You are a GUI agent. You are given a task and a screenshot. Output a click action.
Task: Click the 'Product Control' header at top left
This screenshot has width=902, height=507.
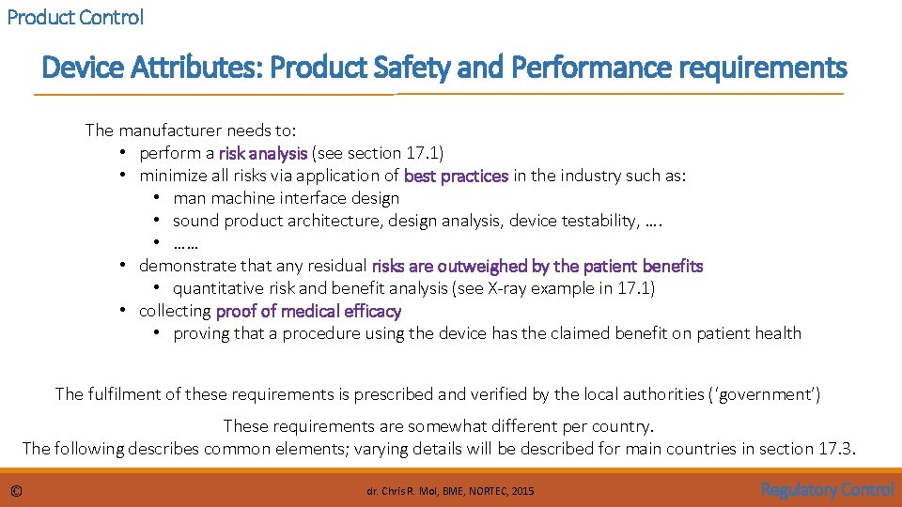click(75, 17)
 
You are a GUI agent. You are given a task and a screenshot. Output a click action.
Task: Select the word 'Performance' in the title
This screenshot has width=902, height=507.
click(590, 68)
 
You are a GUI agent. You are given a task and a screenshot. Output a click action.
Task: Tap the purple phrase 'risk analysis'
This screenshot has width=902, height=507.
click(263, 152)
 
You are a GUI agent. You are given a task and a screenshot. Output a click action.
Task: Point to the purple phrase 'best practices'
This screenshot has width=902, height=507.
click(456, 176)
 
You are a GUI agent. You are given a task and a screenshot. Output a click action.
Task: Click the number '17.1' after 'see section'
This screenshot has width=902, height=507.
click(424, 152)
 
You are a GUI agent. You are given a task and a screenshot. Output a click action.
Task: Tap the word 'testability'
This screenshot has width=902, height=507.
click(592, 221)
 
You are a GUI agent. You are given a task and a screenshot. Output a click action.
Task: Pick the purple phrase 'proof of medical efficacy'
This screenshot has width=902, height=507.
click(308, 311)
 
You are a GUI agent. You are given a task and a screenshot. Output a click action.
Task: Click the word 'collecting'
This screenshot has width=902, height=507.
click(175, 311)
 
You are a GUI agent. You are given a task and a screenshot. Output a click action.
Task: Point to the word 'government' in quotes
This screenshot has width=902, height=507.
click(763, 393)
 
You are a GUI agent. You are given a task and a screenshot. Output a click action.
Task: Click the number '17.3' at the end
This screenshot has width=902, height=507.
click(835, 448)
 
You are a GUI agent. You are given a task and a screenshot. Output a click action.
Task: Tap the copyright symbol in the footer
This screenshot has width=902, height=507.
click(16, 491)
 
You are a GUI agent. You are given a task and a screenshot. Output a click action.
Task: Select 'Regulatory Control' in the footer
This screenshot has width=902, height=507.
click(827, 489)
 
